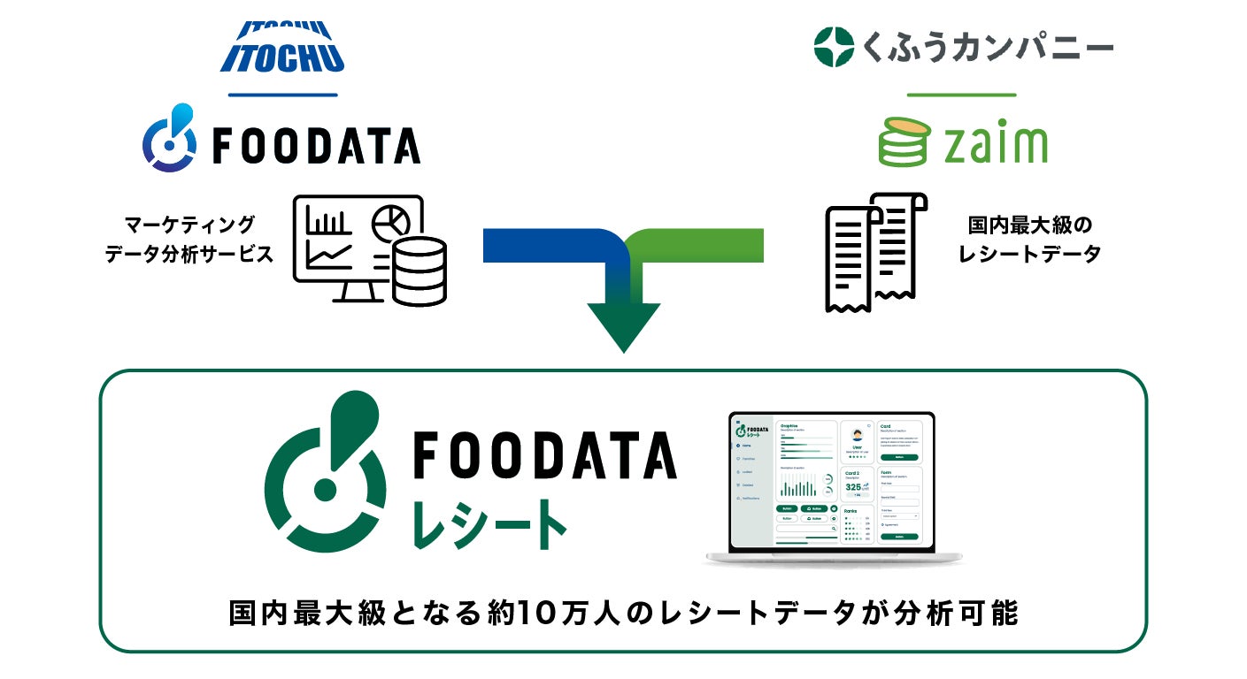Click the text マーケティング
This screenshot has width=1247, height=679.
pyautogui.click(x=189, y=224)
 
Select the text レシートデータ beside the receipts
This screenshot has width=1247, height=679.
pyautogui.click(x=1030, y=254)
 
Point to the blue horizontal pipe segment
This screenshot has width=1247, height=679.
pyautogui.click(x=540, y=245)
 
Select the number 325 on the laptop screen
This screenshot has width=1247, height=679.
pyautogui.click(x=854, y=487)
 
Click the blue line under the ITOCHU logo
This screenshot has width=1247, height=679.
pyautogui.click(x=282, y=94)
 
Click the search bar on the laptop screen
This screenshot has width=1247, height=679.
pyautogui.click(x=806, y=528)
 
